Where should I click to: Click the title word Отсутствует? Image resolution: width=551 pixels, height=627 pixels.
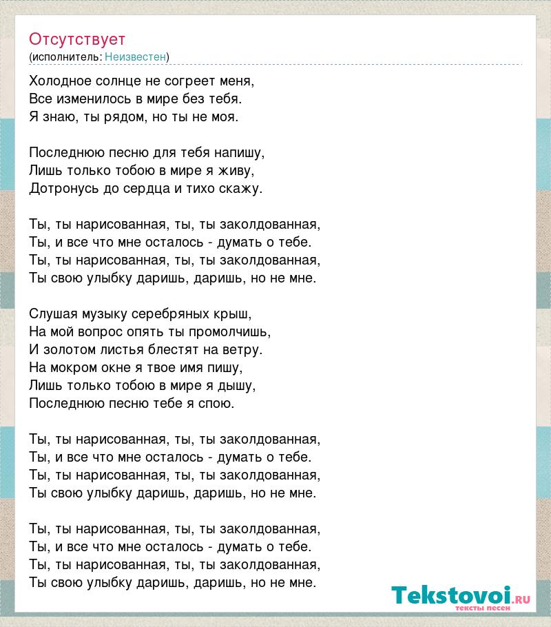(77, 39)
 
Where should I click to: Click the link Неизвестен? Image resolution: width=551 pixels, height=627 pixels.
(136, 57)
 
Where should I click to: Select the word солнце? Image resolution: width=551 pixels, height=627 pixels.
(116, 81)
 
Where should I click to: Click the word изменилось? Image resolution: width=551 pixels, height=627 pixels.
(90, 99)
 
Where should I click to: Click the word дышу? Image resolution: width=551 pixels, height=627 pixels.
(240, 385)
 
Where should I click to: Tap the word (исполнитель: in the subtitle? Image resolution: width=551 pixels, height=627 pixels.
(65, 57)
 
